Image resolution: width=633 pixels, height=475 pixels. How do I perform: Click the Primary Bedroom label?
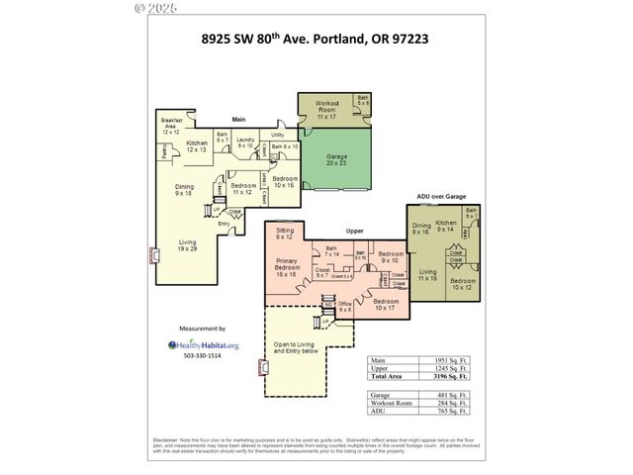click(x=287, y=267)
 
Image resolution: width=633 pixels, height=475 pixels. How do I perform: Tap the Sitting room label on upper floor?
click(x=284, y=235)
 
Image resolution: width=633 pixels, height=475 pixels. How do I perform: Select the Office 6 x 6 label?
click(x=343, y=308)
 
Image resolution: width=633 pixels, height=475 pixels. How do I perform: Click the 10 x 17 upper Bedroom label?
click(x=387, y=305)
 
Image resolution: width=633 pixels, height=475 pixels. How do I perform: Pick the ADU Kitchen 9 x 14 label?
click(x=446, y=227)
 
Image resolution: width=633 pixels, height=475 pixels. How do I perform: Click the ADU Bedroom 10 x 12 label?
click(x=462, y=284)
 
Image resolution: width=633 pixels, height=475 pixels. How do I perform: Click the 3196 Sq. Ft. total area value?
click(x=449, y=376)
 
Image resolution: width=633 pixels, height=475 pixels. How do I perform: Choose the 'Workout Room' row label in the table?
click(x=390, y=403)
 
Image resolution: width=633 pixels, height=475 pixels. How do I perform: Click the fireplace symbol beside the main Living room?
click(x=153, y=255)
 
